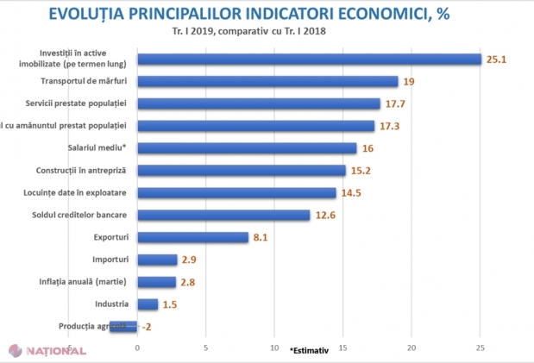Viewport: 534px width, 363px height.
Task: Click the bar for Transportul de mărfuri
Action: [x=267, y=82]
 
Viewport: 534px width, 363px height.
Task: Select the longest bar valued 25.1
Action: [x=309, y=59]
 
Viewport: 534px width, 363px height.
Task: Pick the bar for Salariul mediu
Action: [x=247, y=148]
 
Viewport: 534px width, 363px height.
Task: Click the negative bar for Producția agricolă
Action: [x=123, y=327]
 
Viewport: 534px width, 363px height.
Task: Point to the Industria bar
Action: [x=148, y=304]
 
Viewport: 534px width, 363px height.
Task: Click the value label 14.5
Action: [x=352, y=193]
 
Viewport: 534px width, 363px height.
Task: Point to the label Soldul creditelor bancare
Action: [x=86, y=215]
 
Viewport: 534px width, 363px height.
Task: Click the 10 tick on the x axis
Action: [x=274, y=348]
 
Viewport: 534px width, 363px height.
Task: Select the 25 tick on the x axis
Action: [x=480, y=348]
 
